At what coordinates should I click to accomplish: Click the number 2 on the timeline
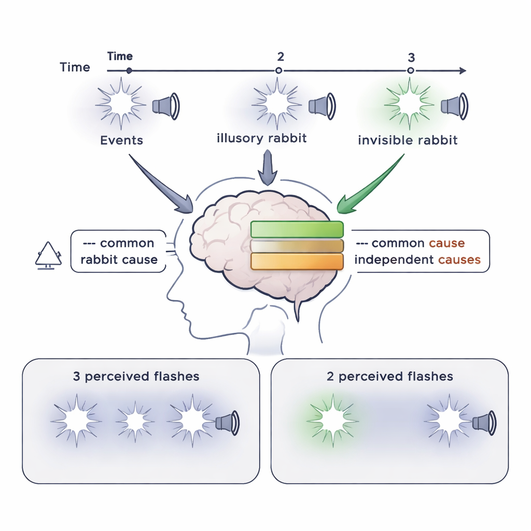pyautogui.click(x=280, y=57)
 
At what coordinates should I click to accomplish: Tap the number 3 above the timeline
pyautogui.click(x=411, y=57)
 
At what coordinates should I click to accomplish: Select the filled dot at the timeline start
pyautogui.click(x=129, y=71)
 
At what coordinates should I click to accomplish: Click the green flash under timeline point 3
pyautogui.click(x=409, y=104)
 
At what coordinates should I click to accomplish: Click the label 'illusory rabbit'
pyautogui.click(x=262, y=138)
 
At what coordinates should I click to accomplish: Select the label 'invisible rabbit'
pyautogui.click(x=408, y=140)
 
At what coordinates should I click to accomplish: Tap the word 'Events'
pyautogui.click(x=121, y=141)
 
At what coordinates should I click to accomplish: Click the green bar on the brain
pyautogui.click(x=297, y=229)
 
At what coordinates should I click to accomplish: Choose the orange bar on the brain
pyautogui.click(x=297, y=261)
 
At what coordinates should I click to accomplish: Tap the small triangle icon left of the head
pyautogui.click(x=48, y=254)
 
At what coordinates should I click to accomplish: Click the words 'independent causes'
pyautogui.click(x=417, y=260)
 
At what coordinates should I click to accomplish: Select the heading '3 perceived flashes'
pyautogui.click(x=136, y=376)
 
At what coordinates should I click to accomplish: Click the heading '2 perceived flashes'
pyautogui.click(x=389, y=376)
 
